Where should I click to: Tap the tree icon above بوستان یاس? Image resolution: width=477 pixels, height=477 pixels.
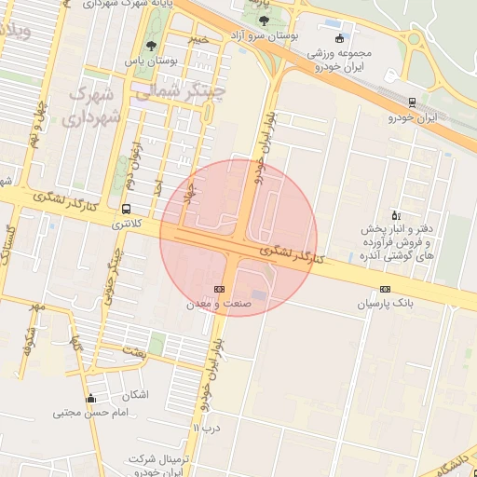(151, 47)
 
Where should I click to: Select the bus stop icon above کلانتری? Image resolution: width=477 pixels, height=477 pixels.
(126, 209)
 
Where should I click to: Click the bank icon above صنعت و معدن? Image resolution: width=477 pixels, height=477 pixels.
(219, 290)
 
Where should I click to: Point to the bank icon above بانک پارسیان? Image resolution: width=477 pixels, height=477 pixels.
(385, 290)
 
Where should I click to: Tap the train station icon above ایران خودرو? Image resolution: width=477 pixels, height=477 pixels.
(412, 102)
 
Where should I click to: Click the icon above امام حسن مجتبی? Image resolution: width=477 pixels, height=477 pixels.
(89, 400)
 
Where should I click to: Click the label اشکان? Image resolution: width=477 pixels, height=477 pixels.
(135, 394)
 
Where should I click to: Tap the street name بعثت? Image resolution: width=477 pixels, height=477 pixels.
(134, 352)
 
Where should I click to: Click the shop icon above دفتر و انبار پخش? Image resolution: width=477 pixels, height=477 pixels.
(395, 214)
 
